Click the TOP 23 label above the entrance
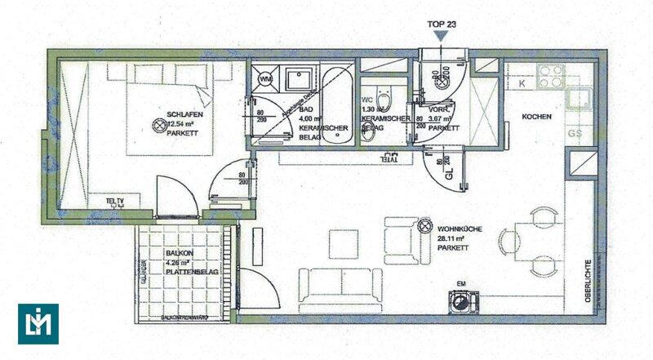pos(441,24)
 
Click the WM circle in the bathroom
pos(266,79)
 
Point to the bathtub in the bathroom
pos(335,106)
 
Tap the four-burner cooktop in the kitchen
pos(551,76)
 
